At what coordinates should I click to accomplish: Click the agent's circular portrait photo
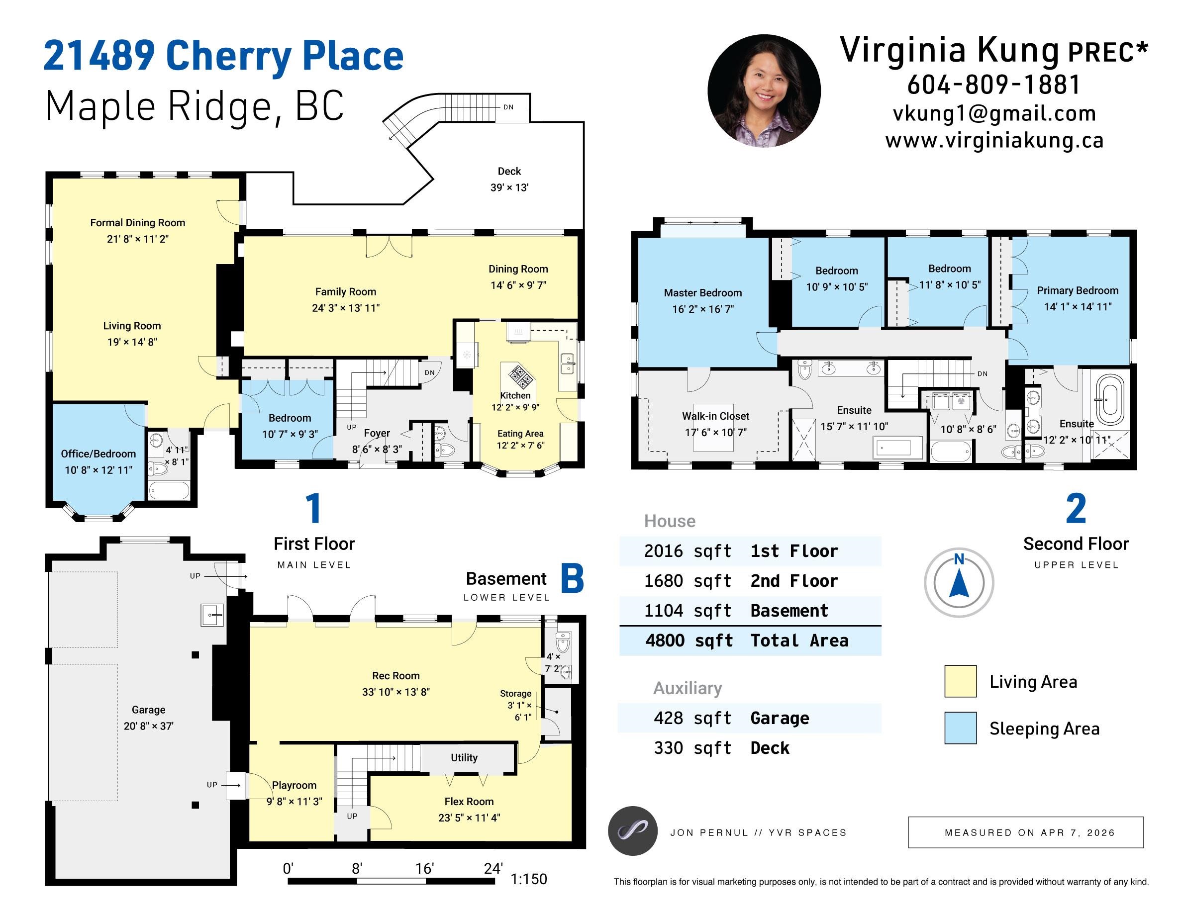(764, 91)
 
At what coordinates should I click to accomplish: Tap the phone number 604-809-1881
(993, 85)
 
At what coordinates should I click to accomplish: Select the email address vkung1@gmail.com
(994, 113)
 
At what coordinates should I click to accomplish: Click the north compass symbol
(959, 582)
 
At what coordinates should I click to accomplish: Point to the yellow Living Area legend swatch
(960, 681)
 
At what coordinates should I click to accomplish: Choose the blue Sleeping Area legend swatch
(960, 728)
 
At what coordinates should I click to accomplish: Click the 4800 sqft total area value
(689, 640)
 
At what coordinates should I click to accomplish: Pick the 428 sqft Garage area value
(692, 718)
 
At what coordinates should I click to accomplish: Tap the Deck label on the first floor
(509, 172)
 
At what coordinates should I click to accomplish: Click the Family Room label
(345, 292)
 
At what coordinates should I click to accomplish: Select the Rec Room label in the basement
(395, 676)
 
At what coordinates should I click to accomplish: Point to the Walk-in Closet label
(715, 416)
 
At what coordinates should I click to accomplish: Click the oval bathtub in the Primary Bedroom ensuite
(1109, 398)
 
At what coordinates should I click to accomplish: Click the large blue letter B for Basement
(572, 579)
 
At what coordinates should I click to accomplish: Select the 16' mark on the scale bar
(424, 869)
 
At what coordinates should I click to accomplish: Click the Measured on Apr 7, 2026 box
(1025, 832)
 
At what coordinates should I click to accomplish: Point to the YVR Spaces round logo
(632, 831)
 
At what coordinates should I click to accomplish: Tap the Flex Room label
(469, 802)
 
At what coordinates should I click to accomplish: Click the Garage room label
(148, 710)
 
